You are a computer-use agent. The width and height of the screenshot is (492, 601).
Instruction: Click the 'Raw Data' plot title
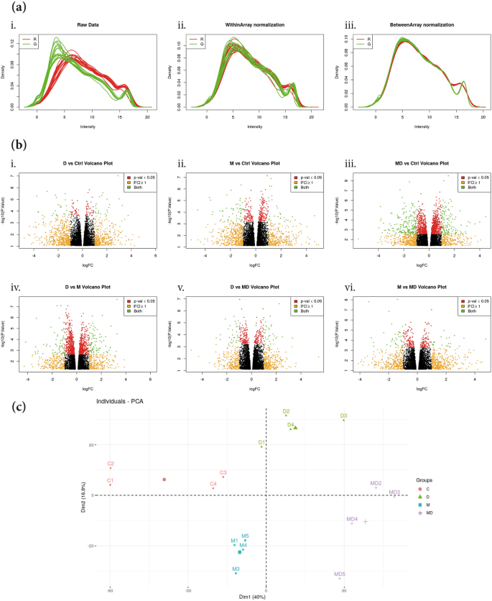pos(88,24)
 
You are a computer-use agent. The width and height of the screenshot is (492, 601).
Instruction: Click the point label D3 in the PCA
pos(344,416)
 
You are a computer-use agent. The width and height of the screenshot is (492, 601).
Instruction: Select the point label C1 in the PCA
pos(110,480)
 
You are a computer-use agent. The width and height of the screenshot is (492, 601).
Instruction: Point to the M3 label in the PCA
pos(236,569)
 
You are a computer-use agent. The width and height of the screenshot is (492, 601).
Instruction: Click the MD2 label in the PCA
pos(376,483)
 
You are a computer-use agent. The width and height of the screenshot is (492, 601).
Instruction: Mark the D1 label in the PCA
pos(261,441)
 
